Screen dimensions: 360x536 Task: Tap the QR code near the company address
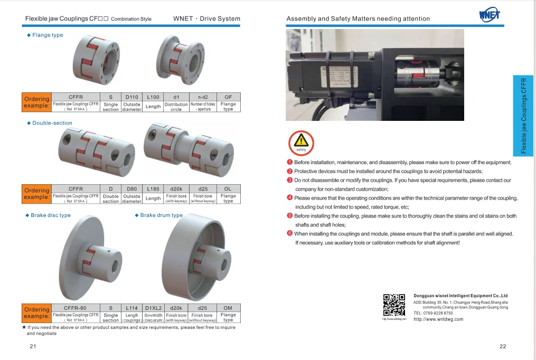pos(393,305)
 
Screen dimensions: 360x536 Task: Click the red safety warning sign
pos(301,142)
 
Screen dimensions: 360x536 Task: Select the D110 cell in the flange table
pos(131,97)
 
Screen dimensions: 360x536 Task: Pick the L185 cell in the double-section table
pos(153,188)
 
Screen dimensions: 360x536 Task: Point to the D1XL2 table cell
pos(153,308)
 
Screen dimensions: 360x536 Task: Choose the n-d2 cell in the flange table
pos(203,97)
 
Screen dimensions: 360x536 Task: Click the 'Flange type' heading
pos(47,35)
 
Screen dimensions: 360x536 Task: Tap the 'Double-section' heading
pos(52,123)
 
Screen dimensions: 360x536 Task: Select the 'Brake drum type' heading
pos(161,215)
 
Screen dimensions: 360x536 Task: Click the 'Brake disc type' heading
pos(50,215)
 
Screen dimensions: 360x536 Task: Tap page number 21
pos(33,346)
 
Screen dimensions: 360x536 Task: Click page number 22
pos(502,346)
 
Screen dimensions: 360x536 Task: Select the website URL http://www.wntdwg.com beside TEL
pos(438,319)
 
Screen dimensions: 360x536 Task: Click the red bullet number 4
pos(289,197)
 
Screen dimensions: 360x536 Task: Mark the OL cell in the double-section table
pos(228,188)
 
